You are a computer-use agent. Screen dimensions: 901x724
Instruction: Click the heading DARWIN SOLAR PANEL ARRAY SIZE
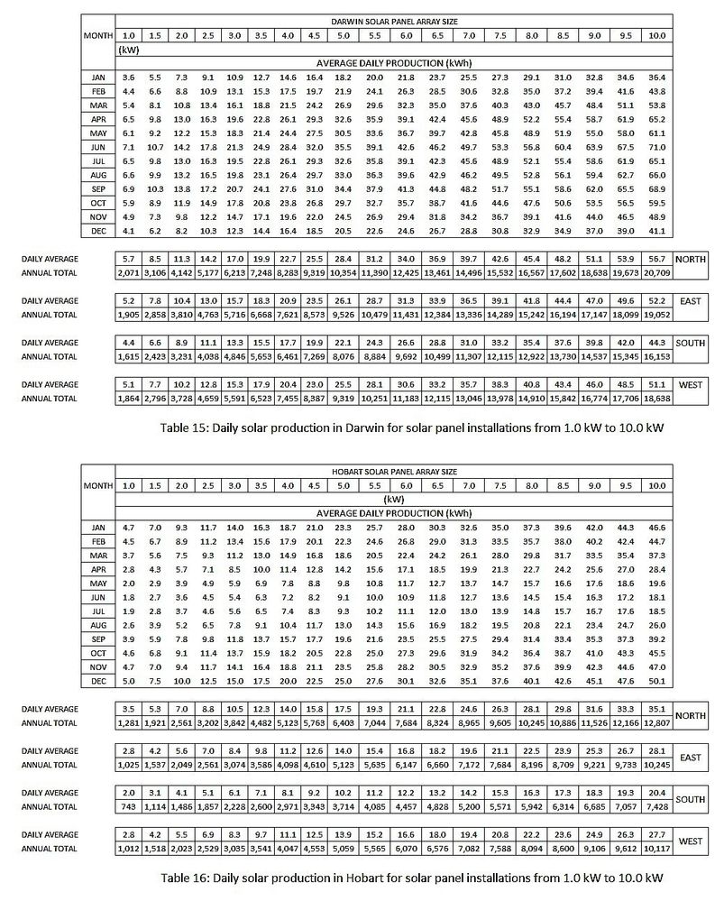[x=389, y=21]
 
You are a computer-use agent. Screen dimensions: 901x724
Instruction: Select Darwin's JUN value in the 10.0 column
[x=655, y=146]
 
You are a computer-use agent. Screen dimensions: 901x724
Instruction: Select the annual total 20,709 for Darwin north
[x=655, y=271]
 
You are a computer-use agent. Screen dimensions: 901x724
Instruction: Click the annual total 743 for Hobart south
[x=129, y=804]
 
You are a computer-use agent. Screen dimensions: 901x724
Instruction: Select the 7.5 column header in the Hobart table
[x=500, y=485]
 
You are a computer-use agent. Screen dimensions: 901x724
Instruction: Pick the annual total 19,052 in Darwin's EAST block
[x=655, y=315]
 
